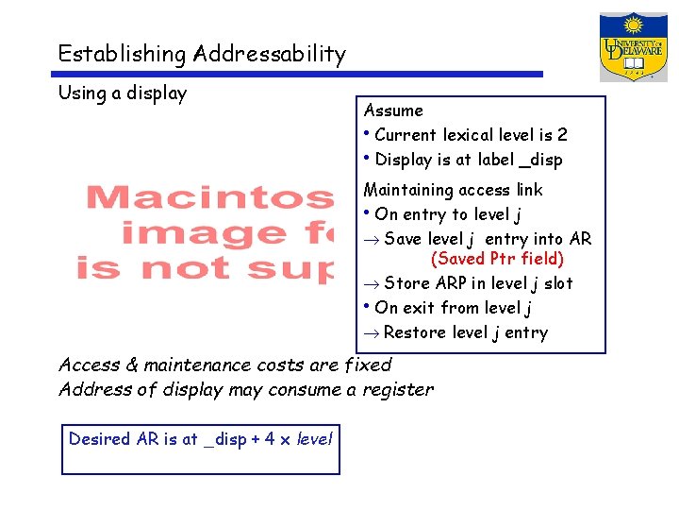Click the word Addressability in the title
click(270, 55)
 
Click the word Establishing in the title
click(122, 54)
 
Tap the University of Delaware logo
click(633, 47)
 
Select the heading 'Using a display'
click(123, 93)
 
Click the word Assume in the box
click(393, 110)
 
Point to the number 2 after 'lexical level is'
click(562, 135)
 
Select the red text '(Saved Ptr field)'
click(497, 258)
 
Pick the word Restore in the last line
click(416, 332)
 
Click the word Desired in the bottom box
click(99, 439)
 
